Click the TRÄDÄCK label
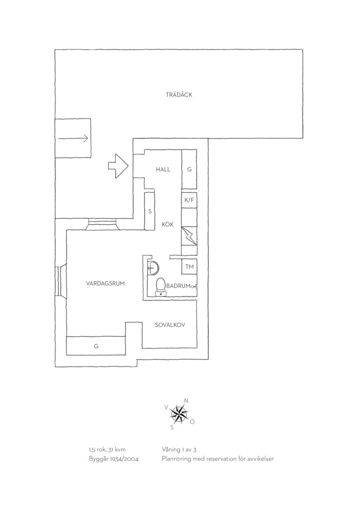179,94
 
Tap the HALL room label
163,169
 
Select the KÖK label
167,224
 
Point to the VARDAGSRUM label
105,283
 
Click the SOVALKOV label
170,325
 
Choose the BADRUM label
178,286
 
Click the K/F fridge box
189,200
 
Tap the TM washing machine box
189,266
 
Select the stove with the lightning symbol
189,236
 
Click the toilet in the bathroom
161,287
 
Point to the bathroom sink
153,268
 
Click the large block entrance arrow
118,165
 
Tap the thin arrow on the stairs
73,138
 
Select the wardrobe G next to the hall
189,169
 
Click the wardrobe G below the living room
96,346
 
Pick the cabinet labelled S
149,211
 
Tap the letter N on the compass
186,401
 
